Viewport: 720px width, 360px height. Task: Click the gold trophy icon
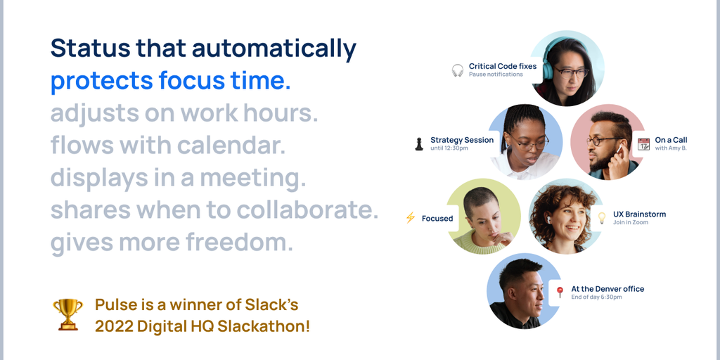click(68, 314)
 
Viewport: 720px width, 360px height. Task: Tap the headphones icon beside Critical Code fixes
click(457, 70)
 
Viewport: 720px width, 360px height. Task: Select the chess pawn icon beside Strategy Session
click(419, 143)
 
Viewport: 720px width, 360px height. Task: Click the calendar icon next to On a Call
click(644, 143)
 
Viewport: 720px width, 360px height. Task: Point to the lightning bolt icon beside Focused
click(411, 218)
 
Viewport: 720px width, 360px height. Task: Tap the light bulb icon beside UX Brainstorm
click(602, 218)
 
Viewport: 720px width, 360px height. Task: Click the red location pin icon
click(560, 292)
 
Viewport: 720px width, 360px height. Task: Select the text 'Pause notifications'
click(496, 75)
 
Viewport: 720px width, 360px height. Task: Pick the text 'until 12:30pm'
click(449, 148)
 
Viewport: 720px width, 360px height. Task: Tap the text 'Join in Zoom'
click(631, 222)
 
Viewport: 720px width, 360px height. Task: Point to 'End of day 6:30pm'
click(596, 297)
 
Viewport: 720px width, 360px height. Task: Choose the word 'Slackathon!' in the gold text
click(264, 326)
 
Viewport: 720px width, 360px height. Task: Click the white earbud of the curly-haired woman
click(548, 220)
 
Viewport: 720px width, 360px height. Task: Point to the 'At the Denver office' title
click(607, 289)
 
